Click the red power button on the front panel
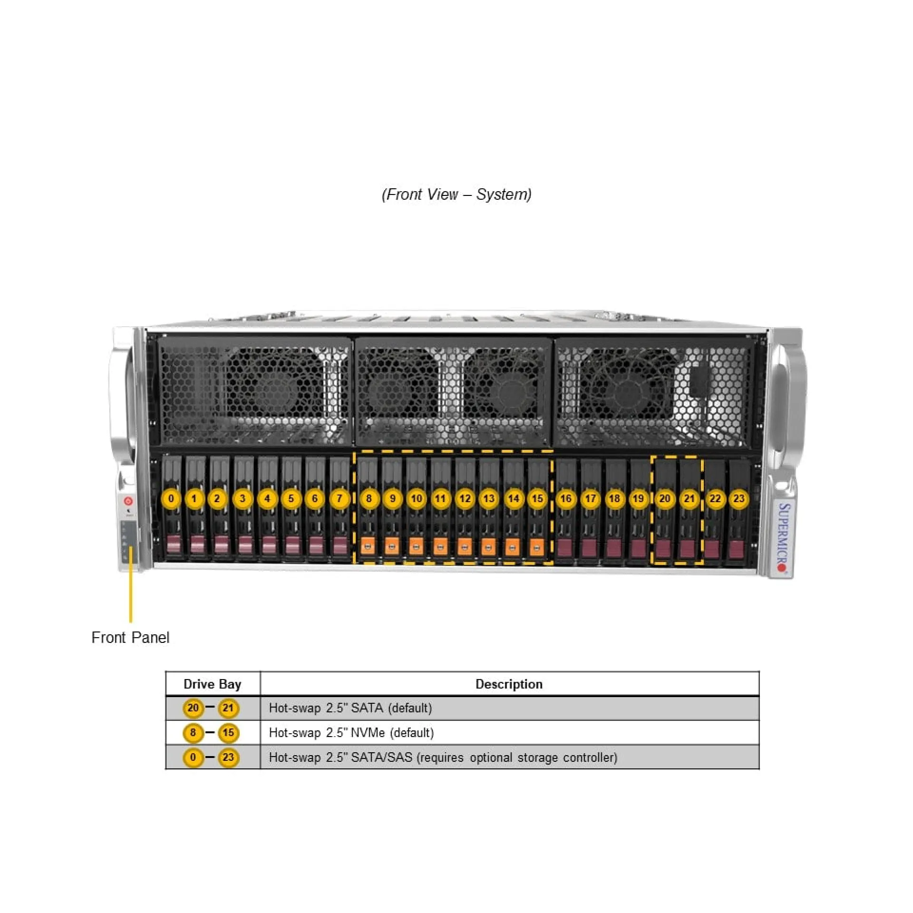tap(128, 501)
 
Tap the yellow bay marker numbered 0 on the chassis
tap(171, 499)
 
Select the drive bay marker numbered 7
tap(339, 499)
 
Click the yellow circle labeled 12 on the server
tap(465, 499)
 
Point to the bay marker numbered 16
tap(566, 499)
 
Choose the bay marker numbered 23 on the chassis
tap(739, 499)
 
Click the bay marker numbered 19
tap(638, 499)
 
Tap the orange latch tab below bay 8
tap(367, 546)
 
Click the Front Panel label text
tap(130, 638)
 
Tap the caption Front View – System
tap(456, 194)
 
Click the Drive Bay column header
tap(213, 684)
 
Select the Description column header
tap(509, 684)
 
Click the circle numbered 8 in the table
tap(193, 732)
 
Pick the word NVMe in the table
tap(367, 732)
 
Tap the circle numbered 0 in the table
tap(193, 757)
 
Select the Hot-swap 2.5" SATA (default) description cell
tap(350, 708)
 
